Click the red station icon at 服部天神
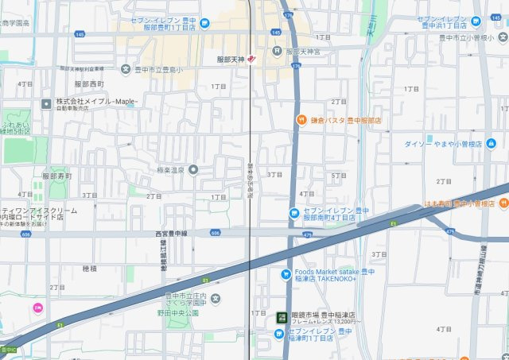[251, 59]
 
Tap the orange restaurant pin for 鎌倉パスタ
[302, 121]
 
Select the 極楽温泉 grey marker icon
[192, 169]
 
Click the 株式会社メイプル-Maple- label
[96, 102]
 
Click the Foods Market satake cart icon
[286, 275]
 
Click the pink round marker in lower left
[37, 308]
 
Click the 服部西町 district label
[90, 83]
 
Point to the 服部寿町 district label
[57, 175]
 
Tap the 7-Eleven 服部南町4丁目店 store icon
[294, 213]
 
